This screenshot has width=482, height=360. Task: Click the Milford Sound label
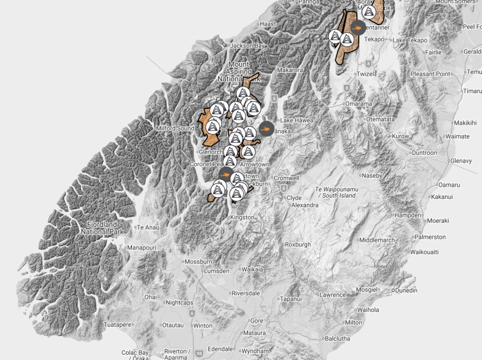tap(174, 129)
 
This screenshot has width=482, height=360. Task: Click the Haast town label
tap(267, 24)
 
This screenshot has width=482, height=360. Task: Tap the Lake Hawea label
tap(295, 120)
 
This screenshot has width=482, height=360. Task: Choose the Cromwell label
tap(286, 178)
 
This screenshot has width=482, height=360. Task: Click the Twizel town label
tap(365, 75)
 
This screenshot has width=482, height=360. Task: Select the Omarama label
tap(358, 104)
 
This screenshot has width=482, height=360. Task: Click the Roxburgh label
tap(297, 244)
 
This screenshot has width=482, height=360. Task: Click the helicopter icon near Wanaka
tap(266, 129)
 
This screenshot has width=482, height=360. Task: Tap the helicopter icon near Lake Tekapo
tap(357, 27)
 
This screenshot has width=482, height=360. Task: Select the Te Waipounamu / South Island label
tap(336, 192)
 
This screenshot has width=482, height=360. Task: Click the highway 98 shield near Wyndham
tap(199, 354)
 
